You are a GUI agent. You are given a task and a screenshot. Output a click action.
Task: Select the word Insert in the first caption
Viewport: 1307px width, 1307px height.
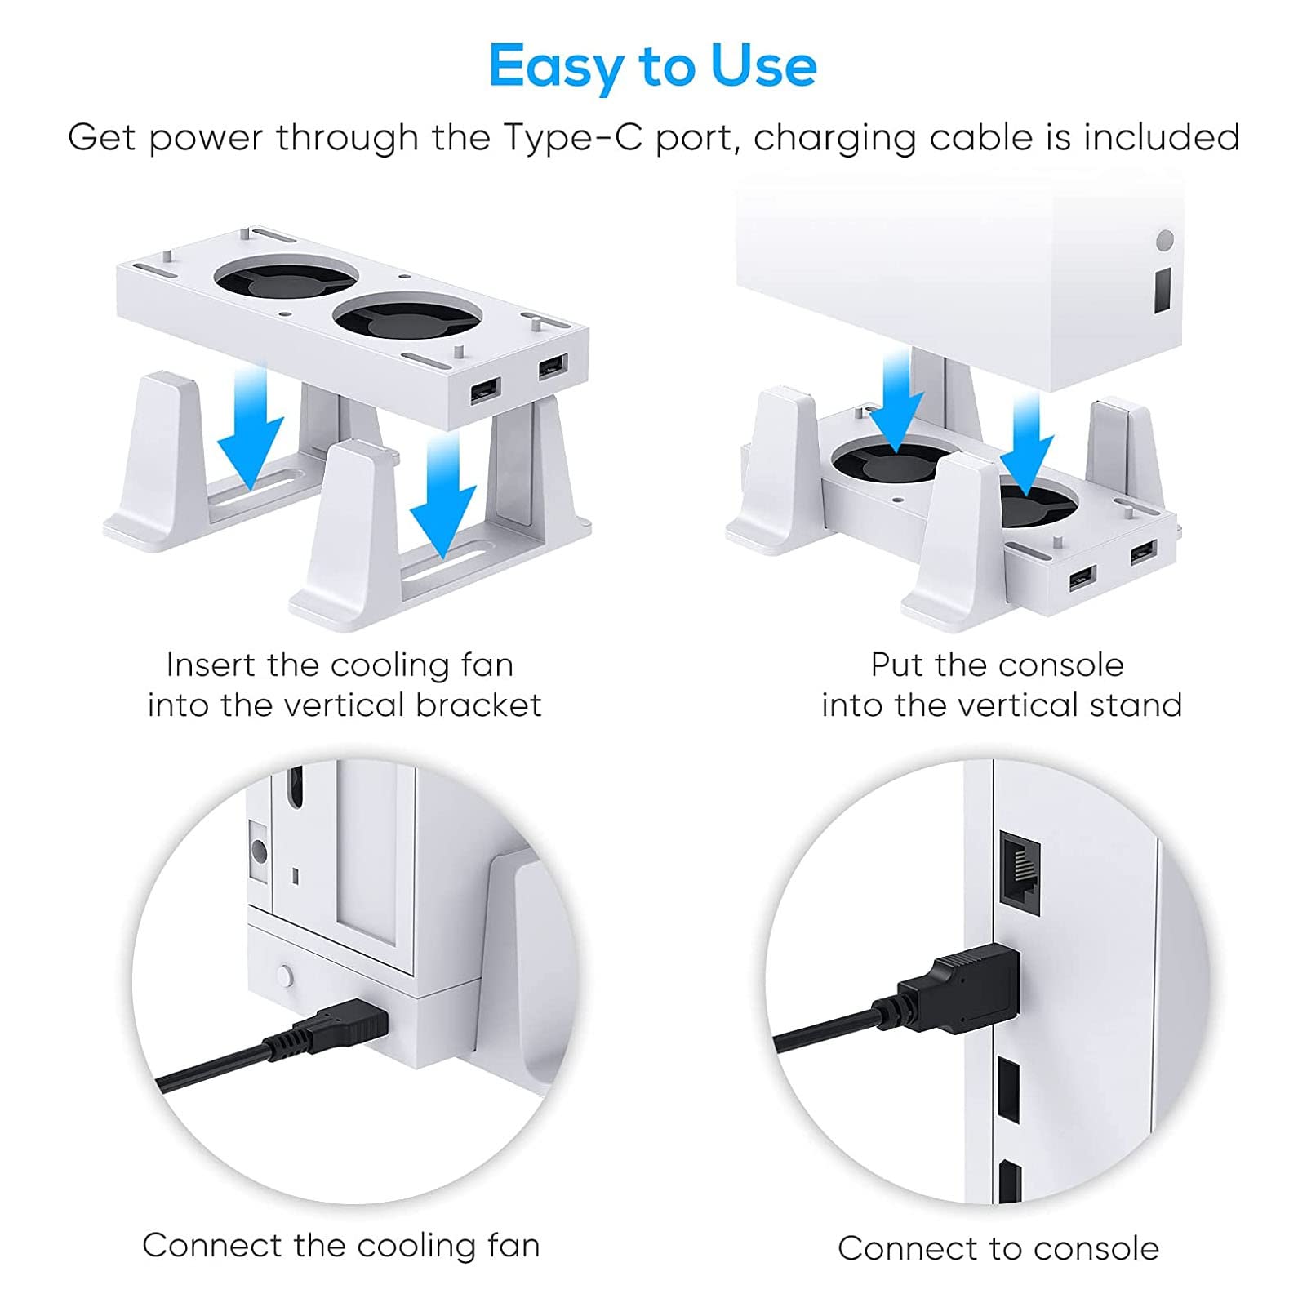(x=211, y=665)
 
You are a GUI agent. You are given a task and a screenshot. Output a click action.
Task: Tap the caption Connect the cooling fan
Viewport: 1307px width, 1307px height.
(x=341, y=1246)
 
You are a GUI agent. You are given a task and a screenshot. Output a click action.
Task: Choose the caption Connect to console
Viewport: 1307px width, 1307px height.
(x=998, y=1248)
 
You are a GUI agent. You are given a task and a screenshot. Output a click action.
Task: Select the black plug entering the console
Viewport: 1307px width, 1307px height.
(x=960, y=993)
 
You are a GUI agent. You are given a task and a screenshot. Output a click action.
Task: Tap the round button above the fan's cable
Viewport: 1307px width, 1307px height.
(x=284, y=976)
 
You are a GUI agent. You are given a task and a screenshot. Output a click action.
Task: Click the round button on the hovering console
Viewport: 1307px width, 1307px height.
(x=1165, y=240)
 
